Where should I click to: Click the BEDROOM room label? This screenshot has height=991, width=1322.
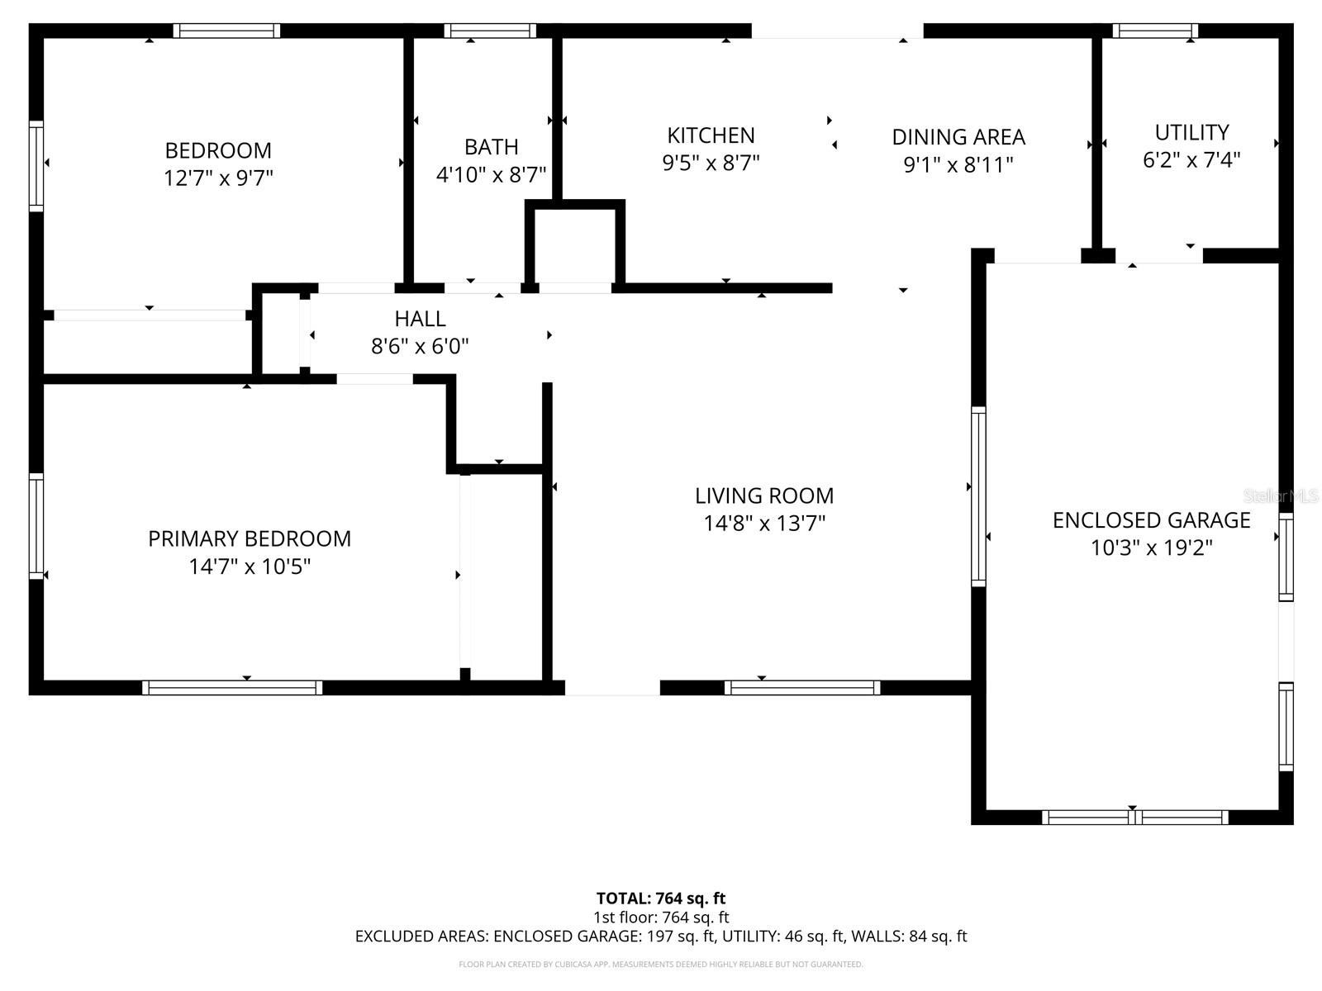coord(218,150)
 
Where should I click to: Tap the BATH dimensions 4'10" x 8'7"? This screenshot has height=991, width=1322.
coord(491,174)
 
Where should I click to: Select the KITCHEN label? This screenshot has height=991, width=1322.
coord(711,135)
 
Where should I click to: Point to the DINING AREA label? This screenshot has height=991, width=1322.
coord(958,137)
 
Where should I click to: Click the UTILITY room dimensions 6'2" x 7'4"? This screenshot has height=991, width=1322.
coord(1191,160)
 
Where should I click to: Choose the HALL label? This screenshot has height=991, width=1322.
coord(420,318)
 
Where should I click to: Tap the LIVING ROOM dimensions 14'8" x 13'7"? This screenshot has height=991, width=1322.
coord(764,524)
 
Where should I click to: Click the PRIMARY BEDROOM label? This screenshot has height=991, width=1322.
coord(250,538)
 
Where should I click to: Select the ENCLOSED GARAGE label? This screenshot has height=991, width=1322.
coord(1151,520)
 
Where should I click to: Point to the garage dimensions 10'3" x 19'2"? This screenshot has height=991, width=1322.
coord(1151,548)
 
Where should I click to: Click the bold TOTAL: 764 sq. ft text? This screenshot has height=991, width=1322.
coord(661,899)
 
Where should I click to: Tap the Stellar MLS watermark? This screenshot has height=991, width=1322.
coord(1281,495)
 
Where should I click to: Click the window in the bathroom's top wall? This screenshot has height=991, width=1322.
coord(490,31)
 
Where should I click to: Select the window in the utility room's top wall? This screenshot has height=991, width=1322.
coord(1154,31)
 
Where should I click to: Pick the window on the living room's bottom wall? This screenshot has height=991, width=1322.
coord(801,688)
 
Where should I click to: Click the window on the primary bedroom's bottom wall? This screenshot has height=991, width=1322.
coord(232,688)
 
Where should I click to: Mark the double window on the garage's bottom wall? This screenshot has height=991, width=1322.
coord(1134,817)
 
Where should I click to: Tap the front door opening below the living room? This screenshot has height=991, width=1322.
coord(612,688)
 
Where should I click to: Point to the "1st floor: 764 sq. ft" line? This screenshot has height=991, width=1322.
coord(661,918)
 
